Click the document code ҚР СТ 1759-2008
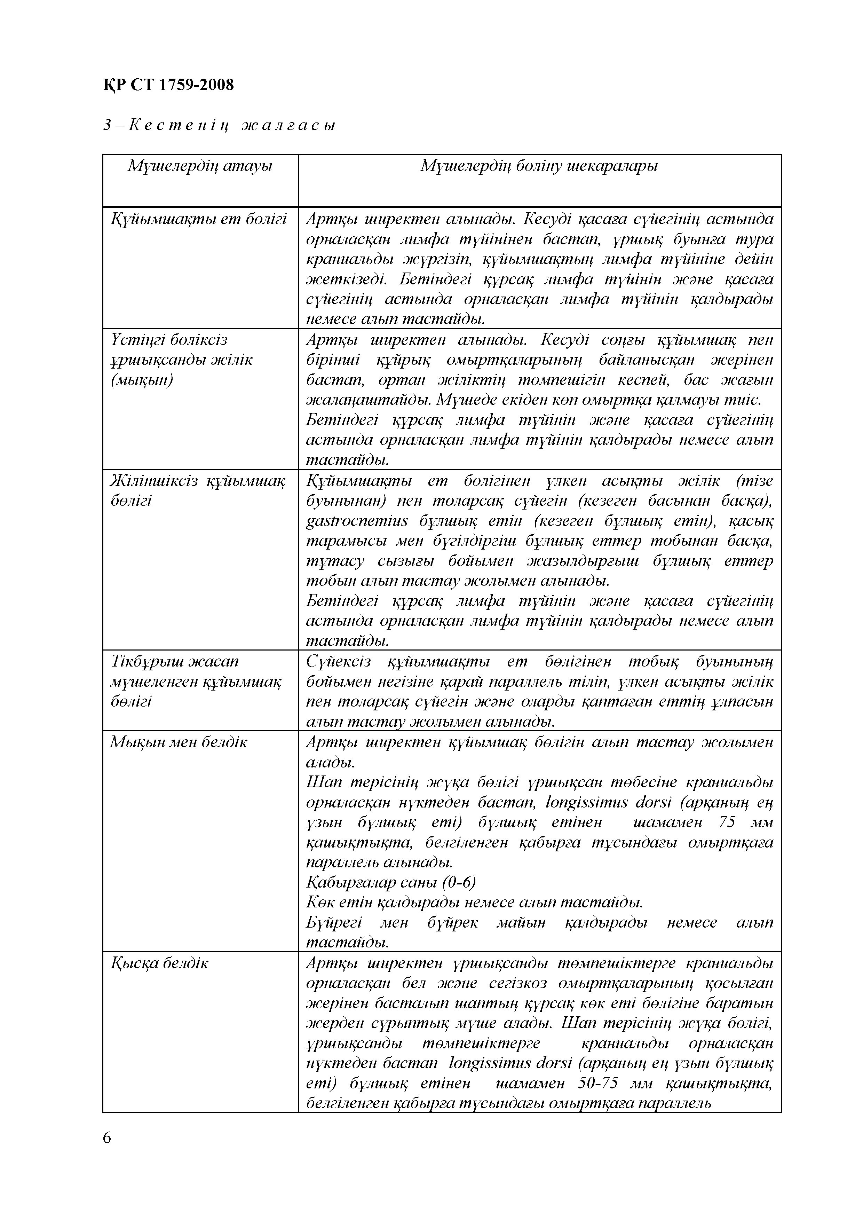pyautogui.click(x=168, y=85)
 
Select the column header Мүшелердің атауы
pyautogui.click(x=200, y=166)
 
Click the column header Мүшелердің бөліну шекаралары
pyautogui.click(x=539, y=166)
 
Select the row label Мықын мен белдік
pyautogui.click(x=179, y=742)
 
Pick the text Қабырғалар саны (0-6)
pyautogui.click(x=391, y=882)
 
